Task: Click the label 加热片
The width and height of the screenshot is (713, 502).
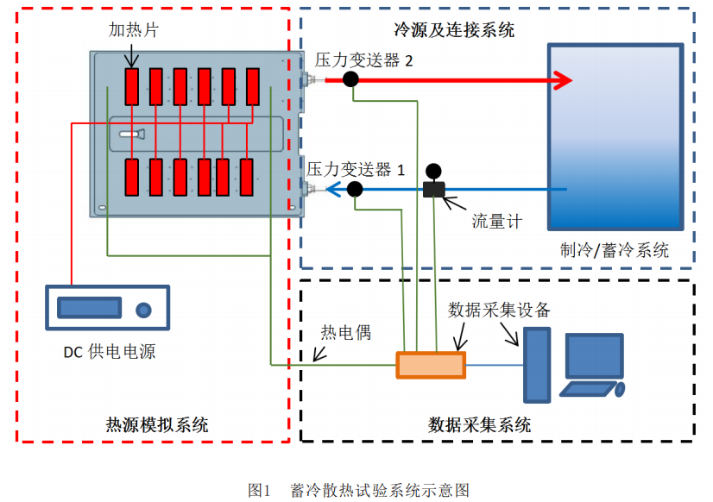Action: [133, 30]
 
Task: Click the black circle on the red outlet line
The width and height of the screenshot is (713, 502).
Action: [350, 79]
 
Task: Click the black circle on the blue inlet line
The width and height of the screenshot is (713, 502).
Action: [354, 189]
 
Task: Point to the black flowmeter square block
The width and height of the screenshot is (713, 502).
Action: [433, 189]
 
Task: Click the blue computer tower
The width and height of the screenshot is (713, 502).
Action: [536, 364]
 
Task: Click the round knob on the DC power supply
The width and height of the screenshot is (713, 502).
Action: [142, 309]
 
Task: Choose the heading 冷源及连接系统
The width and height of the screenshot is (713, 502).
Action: [454, 30]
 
